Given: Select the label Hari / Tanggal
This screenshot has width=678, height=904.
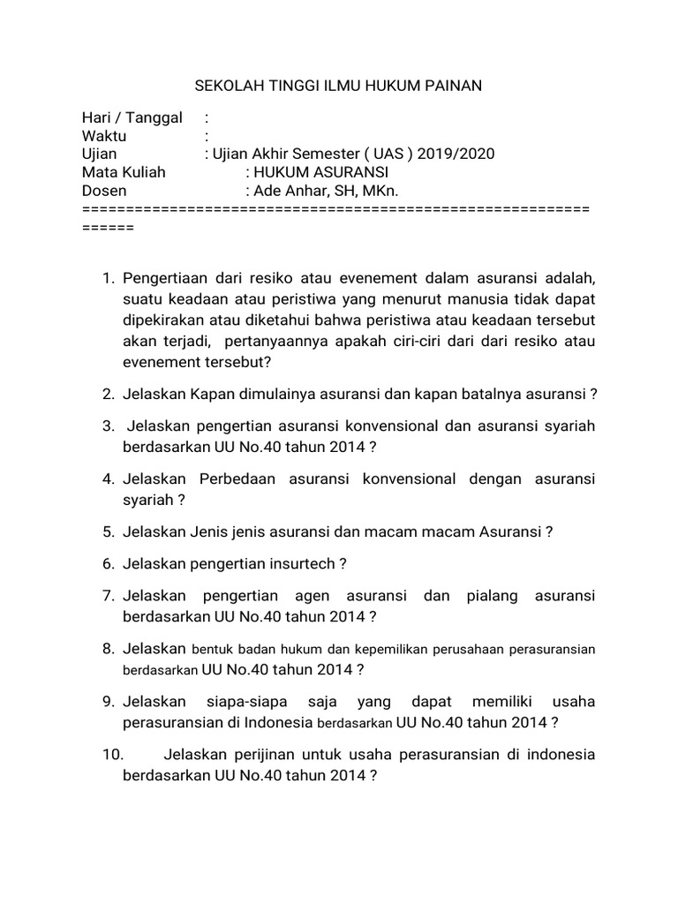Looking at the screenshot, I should pos(132,117).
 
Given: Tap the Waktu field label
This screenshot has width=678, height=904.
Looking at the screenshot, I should pos(104,136).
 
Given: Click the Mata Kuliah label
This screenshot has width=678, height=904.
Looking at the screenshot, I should pos(124,172).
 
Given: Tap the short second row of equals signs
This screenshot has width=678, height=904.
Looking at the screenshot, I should pos(107,227).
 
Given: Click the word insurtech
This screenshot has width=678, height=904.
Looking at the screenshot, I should pos(300,564).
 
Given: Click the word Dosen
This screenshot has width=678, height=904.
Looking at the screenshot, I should pos(104,190).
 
